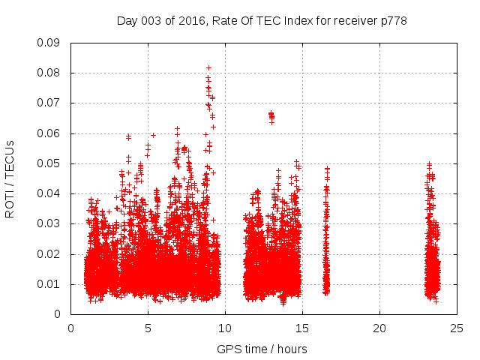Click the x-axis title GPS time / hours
coord(262,349)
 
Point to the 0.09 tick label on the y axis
coord(49,43)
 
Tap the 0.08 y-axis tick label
coord(49,73)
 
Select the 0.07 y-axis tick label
coord(49,103)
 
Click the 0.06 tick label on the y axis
coord(49,133)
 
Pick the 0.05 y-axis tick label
coord(49,163)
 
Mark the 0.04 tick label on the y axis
coord(49,193)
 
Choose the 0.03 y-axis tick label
coord(49,223)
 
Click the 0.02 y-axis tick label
coord(49,254)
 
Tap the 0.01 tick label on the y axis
coord(49,284)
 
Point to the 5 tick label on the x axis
coord(148,328)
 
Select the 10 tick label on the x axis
coord(225,328)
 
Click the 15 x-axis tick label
coord(302,328)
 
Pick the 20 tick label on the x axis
coord(379,328)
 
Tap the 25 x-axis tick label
coord(457,328)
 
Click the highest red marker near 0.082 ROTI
coord(208,67)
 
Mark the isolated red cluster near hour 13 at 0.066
coord(271,115)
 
